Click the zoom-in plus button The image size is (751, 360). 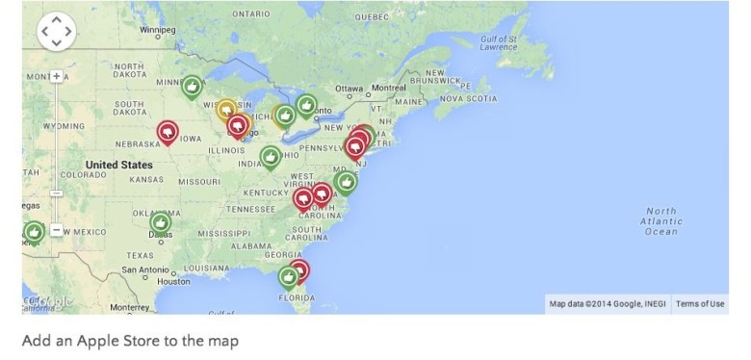[57, 76]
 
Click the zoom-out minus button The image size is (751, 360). [57, 230]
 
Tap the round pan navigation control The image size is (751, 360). [56, 31]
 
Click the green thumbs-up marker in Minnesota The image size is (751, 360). [193, 88]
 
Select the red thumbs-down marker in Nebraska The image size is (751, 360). [168, 131]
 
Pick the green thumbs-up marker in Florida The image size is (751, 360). [288, 277]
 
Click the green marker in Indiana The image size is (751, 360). [271, 156]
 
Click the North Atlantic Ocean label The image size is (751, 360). [660, 221]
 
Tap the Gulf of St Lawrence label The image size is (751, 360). [500, 42]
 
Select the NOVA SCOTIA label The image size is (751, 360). [468, 98]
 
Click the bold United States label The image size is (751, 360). [118, 165]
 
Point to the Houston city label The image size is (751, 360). [174, 281]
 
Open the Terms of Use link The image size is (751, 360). [700, 304]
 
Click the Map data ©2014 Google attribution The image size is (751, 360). [607, 304]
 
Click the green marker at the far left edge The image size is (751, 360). [34, 232]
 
